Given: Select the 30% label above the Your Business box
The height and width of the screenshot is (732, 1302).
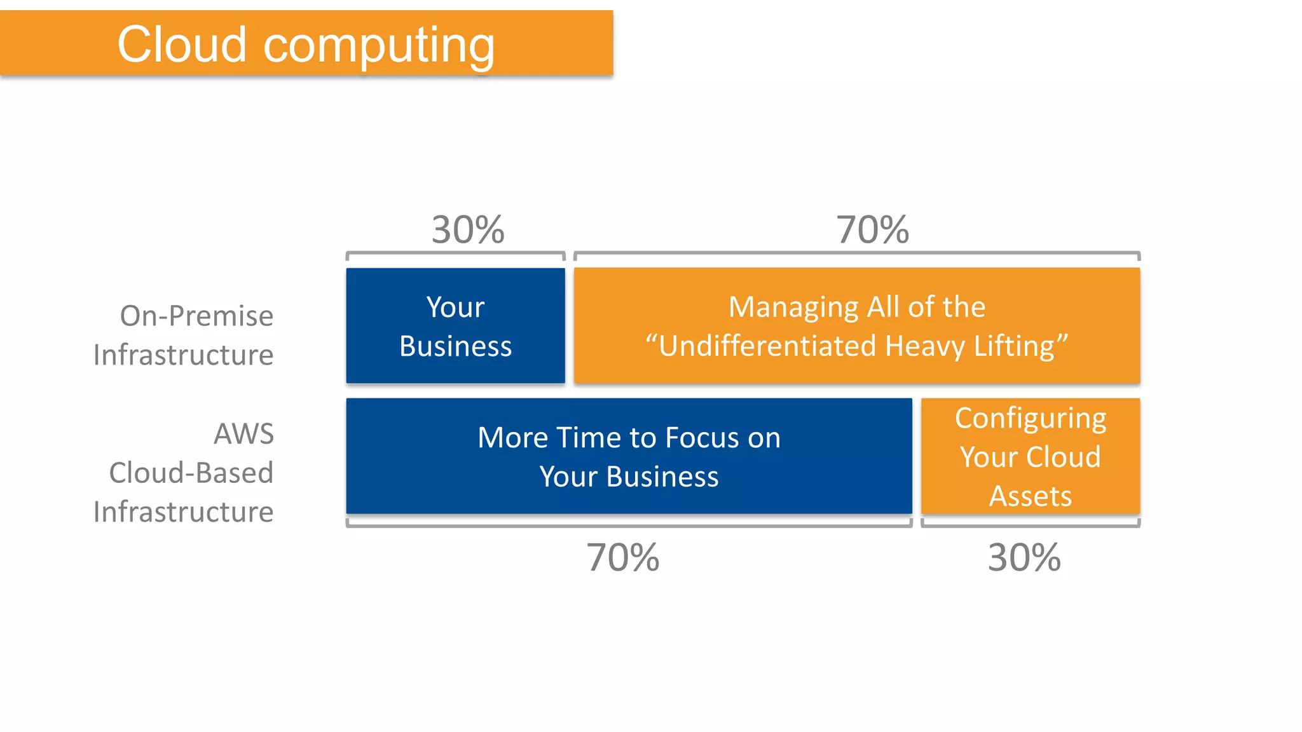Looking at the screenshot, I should [x=468, y=229].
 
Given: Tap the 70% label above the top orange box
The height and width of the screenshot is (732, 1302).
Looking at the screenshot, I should [x=872, y=229].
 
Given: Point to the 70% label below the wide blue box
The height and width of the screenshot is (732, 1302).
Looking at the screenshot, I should [x=622, y=557].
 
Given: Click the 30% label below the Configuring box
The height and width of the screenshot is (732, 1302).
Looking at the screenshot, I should [x=1024, y=557].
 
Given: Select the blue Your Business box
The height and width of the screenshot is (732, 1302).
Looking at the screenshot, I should [x=455, y=325].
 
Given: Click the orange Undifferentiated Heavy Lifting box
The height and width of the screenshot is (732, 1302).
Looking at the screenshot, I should [x=856, y=325].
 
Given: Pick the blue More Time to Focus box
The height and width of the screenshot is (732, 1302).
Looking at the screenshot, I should [x=629, y=456].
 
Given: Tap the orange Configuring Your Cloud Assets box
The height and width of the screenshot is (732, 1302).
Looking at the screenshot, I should [x=1030, y=456].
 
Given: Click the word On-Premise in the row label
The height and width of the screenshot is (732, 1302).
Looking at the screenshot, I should [x=196, y=316].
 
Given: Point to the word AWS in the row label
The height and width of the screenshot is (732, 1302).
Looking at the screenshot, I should [x=243, y=434].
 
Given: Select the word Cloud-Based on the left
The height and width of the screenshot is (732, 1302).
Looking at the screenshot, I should [x=191, y=473].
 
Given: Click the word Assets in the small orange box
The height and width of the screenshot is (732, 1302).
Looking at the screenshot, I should [x=1030, y=496].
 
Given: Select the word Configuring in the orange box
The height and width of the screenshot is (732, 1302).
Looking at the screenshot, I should [x=1030, y=419].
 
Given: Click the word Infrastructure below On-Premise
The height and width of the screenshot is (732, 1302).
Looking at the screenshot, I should [x=183, y=355].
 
